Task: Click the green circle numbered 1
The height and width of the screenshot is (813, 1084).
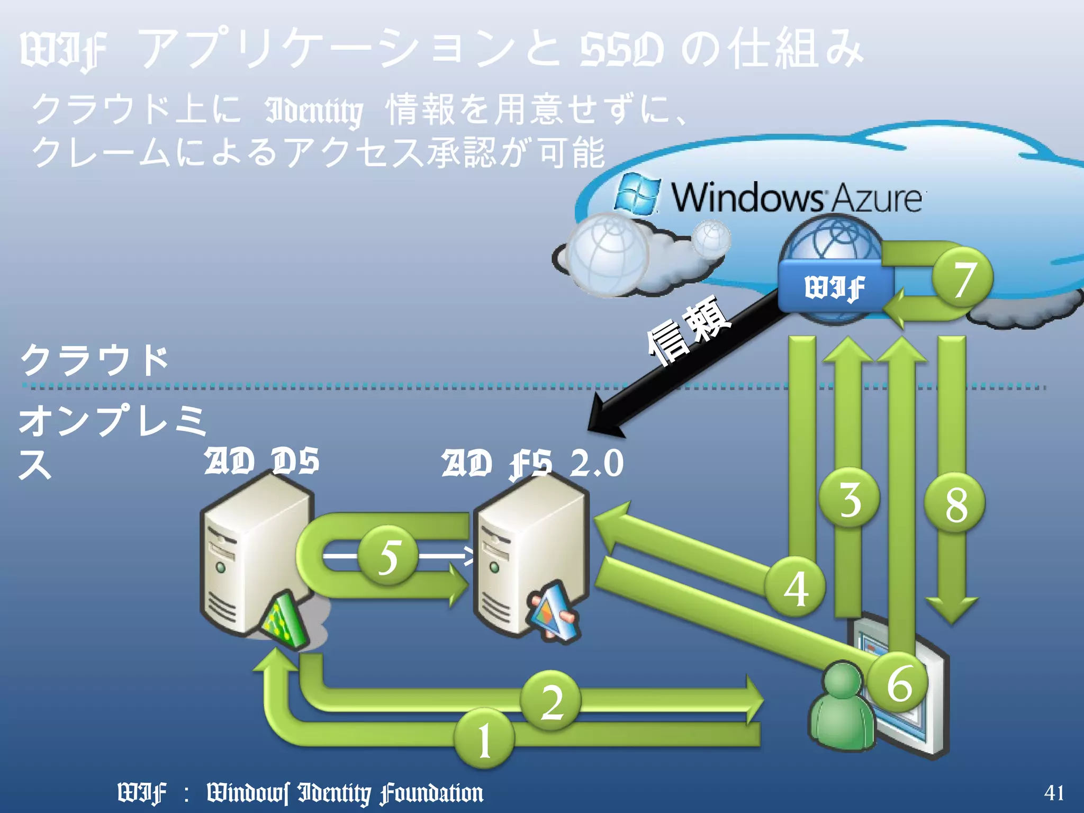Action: coord(484,739)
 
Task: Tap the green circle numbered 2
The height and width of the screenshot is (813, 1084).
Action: coord(551,701)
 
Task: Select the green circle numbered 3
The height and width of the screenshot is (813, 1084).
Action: coord(850,498)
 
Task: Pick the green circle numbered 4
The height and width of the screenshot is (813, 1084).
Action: coord(795,587)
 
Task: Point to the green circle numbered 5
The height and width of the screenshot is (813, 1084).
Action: coord(389,556)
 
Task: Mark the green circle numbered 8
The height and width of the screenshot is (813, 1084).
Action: coord(955,503)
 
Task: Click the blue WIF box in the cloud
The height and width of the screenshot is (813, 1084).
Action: coord(835,287)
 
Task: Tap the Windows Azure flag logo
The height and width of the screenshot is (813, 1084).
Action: coord(638,194)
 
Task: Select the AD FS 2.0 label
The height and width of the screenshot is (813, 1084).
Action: coord(532,463)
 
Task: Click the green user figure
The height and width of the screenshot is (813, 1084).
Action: coord(842,707)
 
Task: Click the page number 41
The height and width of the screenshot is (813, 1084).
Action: coord(1054,792)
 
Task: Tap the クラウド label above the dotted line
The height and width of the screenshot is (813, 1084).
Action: coord(94,360)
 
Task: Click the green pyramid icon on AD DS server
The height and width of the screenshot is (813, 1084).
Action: coord(285,619)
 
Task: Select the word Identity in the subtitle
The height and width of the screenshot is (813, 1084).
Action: coord(314,111)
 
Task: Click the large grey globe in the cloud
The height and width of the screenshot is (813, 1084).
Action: coord(609,254)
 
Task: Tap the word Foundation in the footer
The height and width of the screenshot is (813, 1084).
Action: coord(431,793)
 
